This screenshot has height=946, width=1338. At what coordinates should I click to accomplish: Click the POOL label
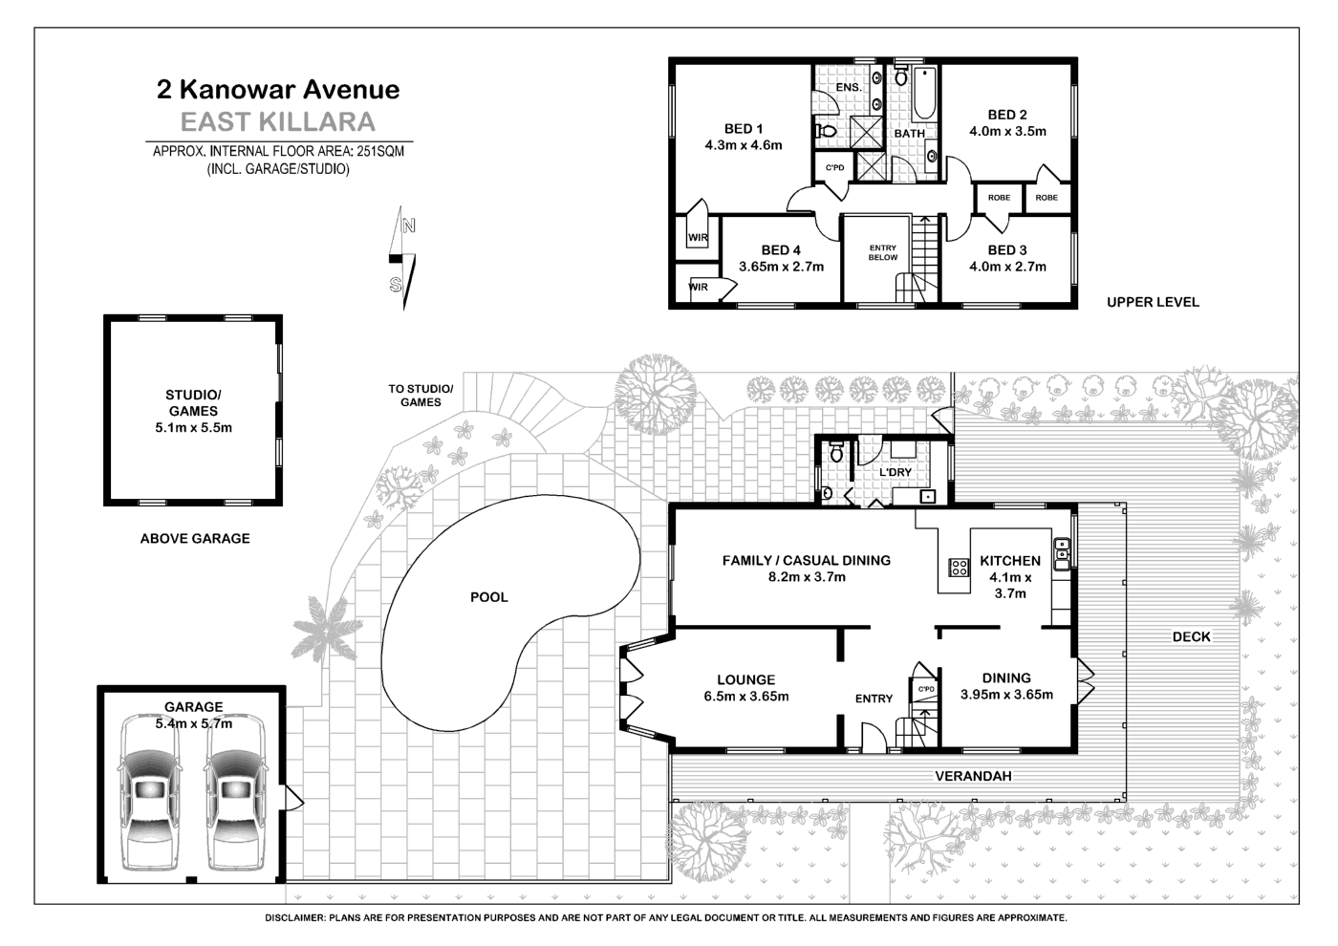coord(488,597)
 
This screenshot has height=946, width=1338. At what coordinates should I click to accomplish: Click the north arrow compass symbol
coord(402,258)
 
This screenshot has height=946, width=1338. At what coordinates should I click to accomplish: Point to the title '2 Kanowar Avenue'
coord(278,90)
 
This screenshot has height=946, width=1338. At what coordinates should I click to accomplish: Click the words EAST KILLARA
coord(278,122)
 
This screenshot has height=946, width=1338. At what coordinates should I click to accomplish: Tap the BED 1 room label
coord(744,129)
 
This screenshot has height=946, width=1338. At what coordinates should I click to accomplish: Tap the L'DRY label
coord(896,472)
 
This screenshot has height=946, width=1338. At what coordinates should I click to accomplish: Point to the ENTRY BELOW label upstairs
coord(882,252)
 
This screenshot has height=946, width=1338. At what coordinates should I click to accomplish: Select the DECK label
coord(1191,636)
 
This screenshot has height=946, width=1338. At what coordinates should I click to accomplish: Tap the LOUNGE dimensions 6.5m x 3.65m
coord(746,697)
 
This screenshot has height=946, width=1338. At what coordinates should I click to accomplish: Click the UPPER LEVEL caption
coord(1152,302)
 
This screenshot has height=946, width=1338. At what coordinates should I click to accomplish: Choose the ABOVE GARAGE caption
coord(195,538)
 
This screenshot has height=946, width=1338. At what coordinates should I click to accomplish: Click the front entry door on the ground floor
coord(874,737)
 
